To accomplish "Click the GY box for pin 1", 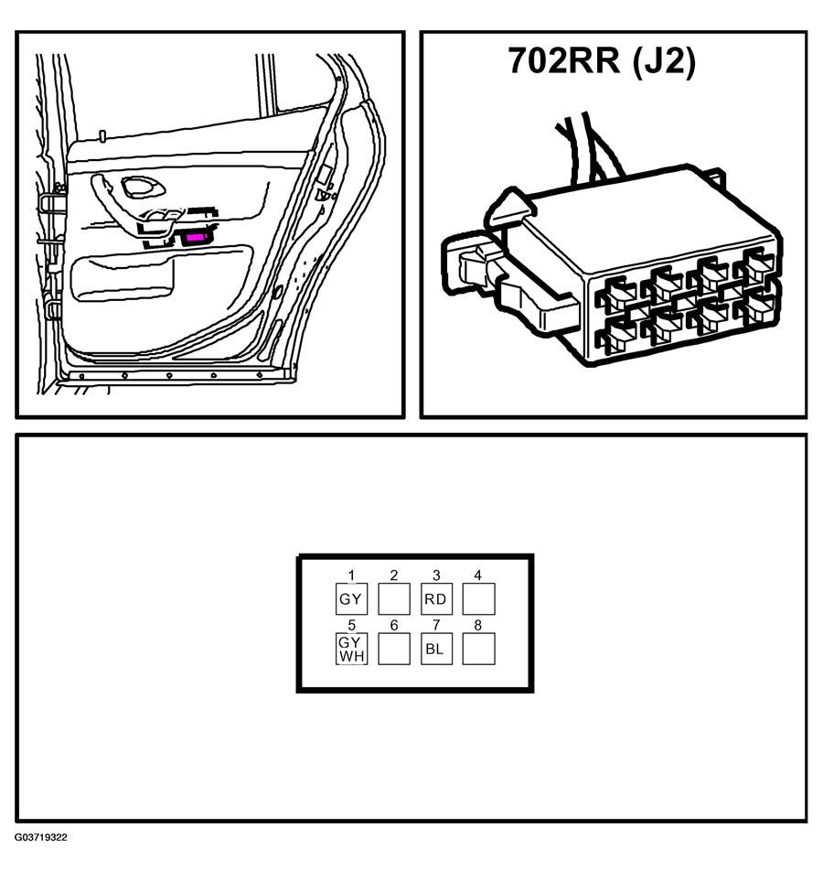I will coord(351,600).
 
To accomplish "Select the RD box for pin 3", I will coord(436,600).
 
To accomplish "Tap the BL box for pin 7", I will coord(436,650).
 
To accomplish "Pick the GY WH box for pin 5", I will coord(351,650).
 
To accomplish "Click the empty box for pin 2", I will coord(393,600).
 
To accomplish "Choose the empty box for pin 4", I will coord(478,600).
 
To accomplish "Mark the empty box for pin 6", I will coord(393,650).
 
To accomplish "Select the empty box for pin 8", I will coord(478,650).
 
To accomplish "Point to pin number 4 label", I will coord(477,575).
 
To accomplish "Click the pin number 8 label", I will coord(477,625).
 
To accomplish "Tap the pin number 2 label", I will coord(393,575).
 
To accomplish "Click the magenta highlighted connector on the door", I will coord(197,238).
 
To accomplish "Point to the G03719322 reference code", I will coord(40,837).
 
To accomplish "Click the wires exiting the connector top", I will coord(585,146).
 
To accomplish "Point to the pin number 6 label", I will coord(393,625).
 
